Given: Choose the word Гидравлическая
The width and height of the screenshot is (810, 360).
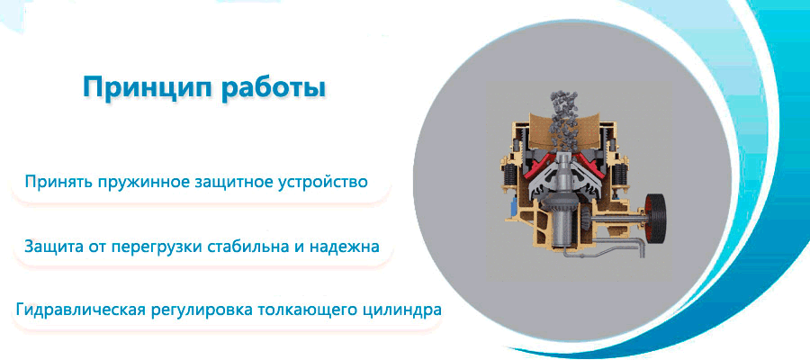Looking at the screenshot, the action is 81,310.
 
